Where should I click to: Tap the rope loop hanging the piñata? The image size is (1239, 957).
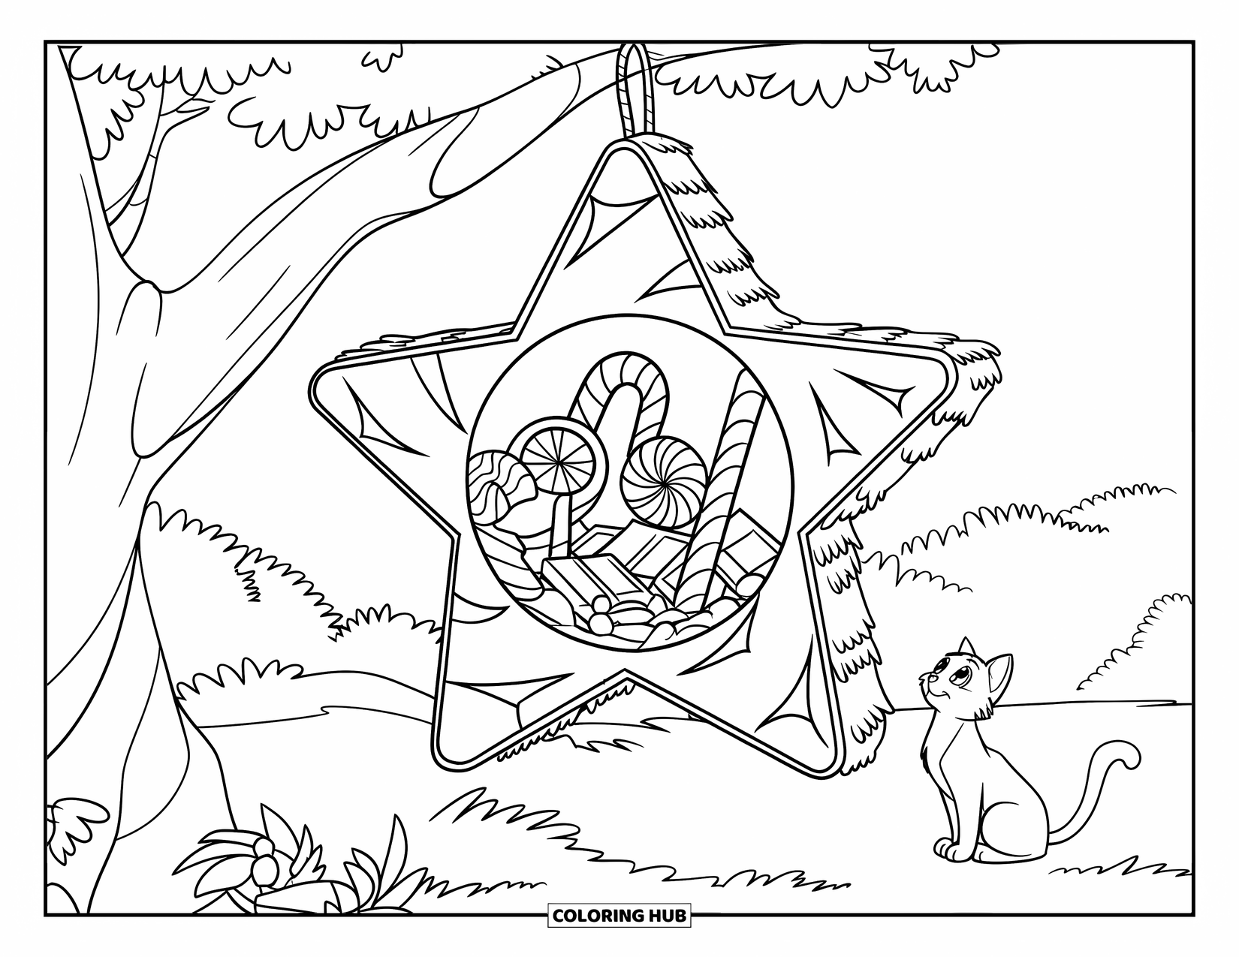coord(634,83)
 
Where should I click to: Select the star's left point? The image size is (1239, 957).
coord(330,383)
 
